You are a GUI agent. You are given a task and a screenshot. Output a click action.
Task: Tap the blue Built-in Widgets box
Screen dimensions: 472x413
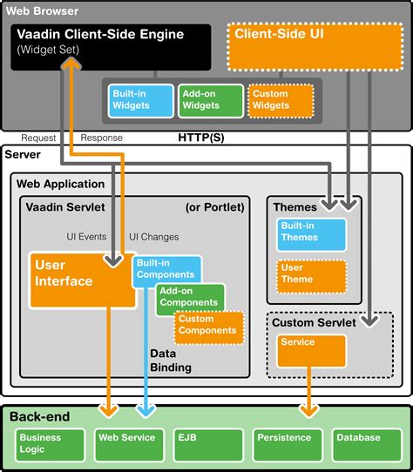(x=141, y=100)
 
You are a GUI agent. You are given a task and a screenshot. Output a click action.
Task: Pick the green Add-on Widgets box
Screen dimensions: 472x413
(x=209, y=100)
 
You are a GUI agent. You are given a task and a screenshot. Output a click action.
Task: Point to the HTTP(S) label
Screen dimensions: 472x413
(x=200, y=138)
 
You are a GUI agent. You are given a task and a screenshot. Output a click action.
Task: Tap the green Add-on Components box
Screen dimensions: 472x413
(x=190, y=298)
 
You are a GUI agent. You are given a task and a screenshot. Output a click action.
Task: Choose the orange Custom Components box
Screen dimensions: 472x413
(x=207, y=325)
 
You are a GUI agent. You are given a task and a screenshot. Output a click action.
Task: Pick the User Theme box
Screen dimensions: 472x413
(x=310, y=275)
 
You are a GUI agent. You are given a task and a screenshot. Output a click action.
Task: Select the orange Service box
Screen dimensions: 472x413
(x=311, y=350)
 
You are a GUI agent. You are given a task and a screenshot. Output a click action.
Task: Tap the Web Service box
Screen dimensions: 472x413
(x=128, y=439)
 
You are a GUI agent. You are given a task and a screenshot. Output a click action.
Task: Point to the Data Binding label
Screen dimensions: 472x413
(x=170, y=362)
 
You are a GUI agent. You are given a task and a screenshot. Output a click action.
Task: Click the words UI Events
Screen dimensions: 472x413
(x=87, y=236)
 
